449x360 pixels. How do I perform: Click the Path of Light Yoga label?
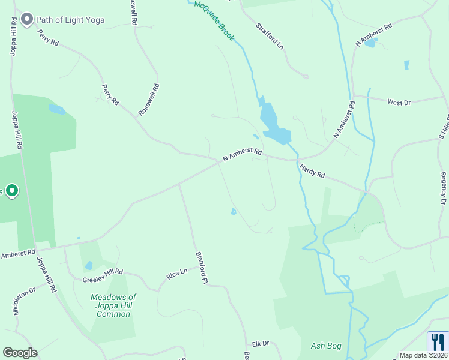click(x=70, y=20)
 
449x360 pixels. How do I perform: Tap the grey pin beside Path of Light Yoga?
click(x=26, y=20)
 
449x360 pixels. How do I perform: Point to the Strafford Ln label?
click(x=269, y=35)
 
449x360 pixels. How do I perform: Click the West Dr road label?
click(x=399, y=103)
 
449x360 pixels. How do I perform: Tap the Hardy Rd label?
click(x=312, y=172)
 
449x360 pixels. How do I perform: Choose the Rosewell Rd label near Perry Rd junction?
click(x=148, y=99)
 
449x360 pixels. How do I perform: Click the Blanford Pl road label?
click(x=202, y=267)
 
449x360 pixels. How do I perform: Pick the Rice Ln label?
click(x=177, y=274)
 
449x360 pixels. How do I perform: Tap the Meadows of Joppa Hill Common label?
click(x=113, y=305)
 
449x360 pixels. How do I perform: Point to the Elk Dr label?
click(x=261, y=343)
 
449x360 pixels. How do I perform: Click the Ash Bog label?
click(x=326, y=346)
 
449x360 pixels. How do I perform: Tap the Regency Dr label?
click(x=443, y=189)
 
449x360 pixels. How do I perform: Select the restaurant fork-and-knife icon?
click(x=437, y=343)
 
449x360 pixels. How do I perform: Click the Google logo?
click(x=20, y=352)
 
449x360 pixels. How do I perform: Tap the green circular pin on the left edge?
click(x=12, y=191)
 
